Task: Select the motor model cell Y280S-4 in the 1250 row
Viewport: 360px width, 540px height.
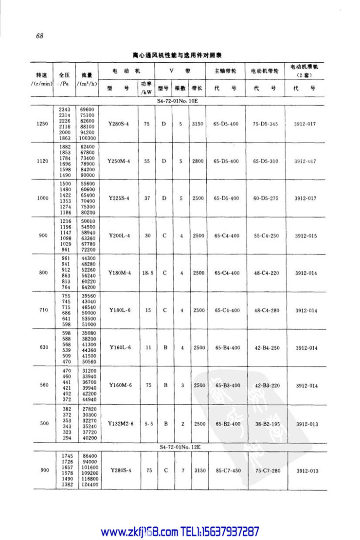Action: point(119,124)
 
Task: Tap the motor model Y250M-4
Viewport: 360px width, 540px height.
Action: point(119,161)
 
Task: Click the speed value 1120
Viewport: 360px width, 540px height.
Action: point(43,161)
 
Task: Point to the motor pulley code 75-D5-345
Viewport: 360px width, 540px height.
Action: point(266,124)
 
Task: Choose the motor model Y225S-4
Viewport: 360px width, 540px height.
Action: point(119,198)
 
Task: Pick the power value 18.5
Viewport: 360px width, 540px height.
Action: point(148,273)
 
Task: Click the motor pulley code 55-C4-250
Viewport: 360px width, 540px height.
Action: point(266,236)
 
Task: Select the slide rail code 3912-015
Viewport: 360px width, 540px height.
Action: point(306,236)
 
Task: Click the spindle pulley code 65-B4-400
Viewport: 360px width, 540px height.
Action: point(227,348)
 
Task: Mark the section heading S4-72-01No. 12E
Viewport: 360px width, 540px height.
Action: point(180,446)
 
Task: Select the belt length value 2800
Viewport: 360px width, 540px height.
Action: point(198,161)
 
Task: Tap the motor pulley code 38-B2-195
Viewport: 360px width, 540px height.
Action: point(266,423)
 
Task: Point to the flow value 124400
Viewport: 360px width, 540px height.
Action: point(89,485)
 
